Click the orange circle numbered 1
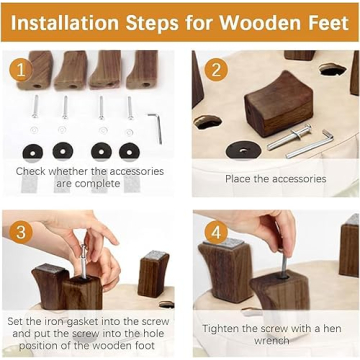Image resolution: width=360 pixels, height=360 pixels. click(21, 70)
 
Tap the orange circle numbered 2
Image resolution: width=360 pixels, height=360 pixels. click(216, 70)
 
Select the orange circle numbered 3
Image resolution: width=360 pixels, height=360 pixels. click(21, 232)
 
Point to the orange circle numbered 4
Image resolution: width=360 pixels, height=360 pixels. click(216, 232)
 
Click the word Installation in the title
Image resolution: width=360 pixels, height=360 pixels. click(65, 23)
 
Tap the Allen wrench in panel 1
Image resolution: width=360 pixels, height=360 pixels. click(156, 128)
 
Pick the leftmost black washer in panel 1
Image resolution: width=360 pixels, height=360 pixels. click(32, 152)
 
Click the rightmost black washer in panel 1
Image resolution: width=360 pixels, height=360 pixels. click(129, 152)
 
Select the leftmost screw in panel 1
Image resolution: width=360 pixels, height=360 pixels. click(35, 106)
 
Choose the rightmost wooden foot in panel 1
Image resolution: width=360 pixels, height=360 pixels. click(143, 70)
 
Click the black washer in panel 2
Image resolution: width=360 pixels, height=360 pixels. click(243, 150)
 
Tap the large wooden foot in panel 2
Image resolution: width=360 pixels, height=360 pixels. click(279, 104)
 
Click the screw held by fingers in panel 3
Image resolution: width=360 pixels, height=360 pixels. click(83, 261)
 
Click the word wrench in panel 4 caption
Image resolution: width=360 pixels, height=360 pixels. click(271, 340)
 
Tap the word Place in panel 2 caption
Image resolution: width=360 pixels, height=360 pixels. click(238, 179)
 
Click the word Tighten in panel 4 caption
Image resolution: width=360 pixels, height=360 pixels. click(221, 329)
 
